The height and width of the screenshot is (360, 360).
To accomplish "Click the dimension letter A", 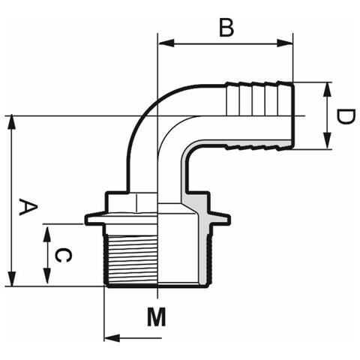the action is click(28, 206).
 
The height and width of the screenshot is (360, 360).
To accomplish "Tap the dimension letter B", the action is click(226, 27).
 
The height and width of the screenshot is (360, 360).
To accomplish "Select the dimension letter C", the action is click(63, 255).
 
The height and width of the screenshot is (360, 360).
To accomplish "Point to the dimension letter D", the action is click(345, 116).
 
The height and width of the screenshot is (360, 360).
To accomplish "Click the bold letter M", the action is click(157, 316).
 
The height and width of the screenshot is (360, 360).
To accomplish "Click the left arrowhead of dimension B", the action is click(166, 43).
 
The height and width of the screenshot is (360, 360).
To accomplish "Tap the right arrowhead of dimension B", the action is click(285, 43).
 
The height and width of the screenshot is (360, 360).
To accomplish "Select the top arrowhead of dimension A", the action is click(11, 123).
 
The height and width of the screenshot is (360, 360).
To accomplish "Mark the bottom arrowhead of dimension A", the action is click(11, 278).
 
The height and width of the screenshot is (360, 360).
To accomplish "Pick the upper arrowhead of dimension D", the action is click(328, 90).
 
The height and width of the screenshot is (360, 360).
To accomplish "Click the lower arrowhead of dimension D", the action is click(328, 142).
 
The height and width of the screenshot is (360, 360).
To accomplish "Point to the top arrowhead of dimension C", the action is click(46, 232).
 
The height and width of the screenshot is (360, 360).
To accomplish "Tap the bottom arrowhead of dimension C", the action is click(46, 276).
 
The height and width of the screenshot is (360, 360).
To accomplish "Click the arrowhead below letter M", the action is click(112, 338).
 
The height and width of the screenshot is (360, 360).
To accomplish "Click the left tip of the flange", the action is click(85, 219).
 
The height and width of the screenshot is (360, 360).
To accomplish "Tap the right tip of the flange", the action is click(229, 219).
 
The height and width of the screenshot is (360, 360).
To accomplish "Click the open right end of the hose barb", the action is click(293, 114).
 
